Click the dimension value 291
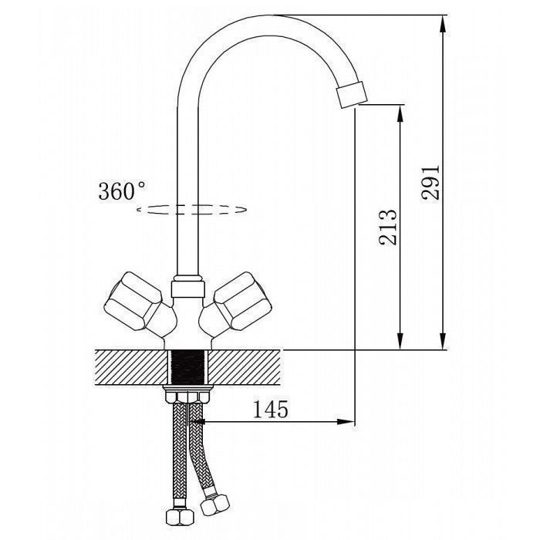pyautogui.click(x=430, y=182)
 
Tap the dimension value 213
pyautogui.click(x=388, y=227)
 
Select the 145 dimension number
pyautogui.click(x=271, y=409)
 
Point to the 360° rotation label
pyautogui.click(x=122, y=191)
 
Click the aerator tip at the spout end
pyautogui.click(x=351, y=94)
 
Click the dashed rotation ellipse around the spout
pyautogui.click(x=192, y=209)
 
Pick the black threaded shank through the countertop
pyautogui.click(x=188, y=367)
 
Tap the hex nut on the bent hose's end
pyautogui.click(x=215, y=505)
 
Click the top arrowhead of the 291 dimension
pyautogui.click(x=444, y=24)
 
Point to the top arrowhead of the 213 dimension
pyautogui.click(x=400, y=113)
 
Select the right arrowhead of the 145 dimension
pyautogui.click(x=346, y=421)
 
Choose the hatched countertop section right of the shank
pyautogui.click(x=244, y=367)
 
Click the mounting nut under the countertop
pyautogui.click(x=188, y=394)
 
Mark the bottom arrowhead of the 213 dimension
pyautogui.click(x=400, y=341)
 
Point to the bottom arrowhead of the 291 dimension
pyautogui.click(x=444, y=341)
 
